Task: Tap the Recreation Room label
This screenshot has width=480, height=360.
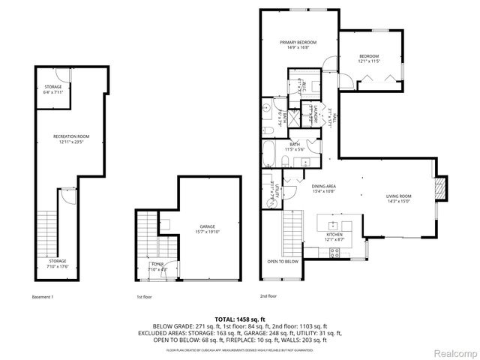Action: pos(71,139)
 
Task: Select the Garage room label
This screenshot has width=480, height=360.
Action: pos(207,228)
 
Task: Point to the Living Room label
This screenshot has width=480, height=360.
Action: pos(399,198)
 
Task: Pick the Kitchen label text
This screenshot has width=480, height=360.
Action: pos(335,235)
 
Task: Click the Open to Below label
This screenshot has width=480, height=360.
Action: pos(283,262)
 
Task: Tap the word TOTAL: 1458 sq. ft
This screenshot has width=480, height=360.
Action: pos(239,319)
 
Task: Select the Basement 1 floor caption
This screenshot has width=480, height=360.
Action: pos(43,297)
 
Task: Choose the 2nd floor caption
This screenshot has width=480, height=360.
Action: pos(269,297)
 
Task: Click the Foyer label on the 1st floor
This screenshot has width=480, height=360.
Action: pos(157,266)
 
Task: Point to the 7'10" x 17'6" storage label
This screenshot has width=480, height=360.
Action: pos(58,263)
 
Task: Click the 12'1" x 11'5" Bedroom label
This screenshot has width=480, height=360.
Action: pos(368,59)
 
